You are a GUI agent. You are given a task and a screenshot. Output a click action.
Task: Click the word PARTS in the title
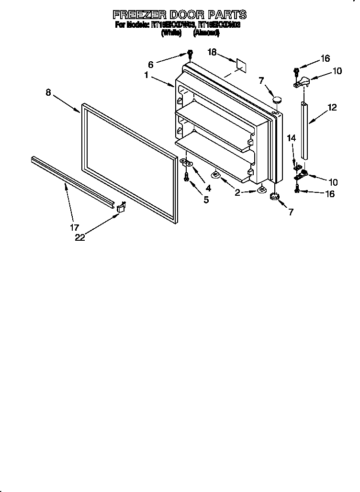tap(227, 14)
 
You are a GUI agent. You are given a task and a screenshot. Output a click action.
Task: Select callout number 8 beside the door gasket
tap(48, 93)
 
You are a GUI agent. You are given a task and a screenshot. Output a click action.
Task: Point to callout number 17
tap(75, 227)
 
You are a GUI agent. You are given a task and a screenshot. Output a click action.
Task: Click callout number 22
tap(79, 237)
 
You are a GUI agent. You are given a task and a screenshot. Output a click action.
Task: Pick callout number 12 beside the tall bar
tap(332, 108)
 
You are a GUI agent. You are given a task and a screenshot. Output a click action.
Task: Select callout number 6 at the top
tap(150, 64)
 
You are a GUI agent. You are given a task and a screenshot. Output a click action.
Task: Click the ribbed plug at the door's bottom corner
tap(274, 197)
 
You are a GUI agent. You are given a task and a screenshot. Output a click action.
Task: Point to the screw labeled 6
tap(190, 54)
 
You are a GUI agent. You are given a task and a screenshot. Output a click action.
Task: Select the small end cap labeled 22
tap(121, 207)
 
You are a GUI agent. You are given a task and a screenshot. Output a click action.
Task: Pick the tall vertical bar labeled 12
tap(304, 129)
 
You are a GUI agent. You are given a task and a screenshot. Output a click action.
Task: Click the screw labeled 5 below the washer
tap(187, 178)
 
